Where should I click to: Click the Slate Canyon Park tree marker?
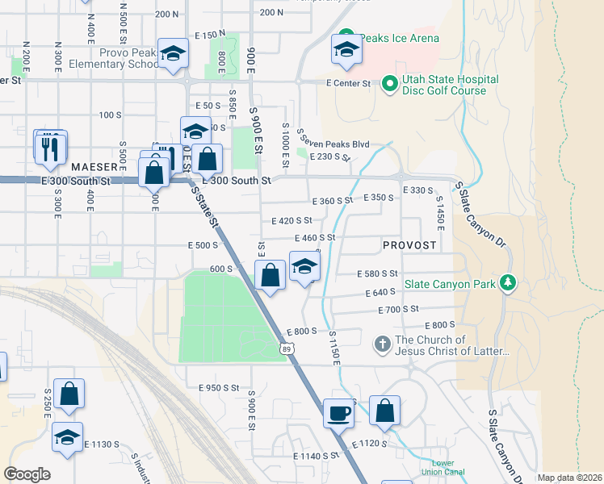[x=508, y=282]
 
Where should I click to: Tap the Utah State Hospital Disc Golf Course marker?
[x=388, y=82]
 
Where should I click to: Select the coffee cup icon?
[x=339, y=414]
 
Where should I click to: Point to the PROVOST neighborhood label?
[x=409, y=244]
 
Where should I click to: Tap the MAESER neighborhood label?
[x=94, y=167]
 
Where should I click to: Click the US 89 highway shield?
[x=287, y=348]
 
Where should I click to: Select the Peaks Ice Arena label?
[x=399, y=38]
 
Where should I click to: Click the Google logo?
[x=27, y=474]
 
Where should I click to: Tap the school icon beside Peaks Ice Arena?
[x=346, y=51]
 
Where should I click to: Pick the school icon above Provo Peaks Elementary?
[x=172, y=54]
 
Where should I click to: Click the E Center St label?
[x=348, y=83]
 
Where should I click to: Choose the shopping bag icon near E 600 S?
[x=271, y=276]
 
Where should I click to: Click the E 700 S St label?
[x=398, y=309]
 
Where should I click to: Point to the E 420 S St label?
[x=292, y=220]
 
